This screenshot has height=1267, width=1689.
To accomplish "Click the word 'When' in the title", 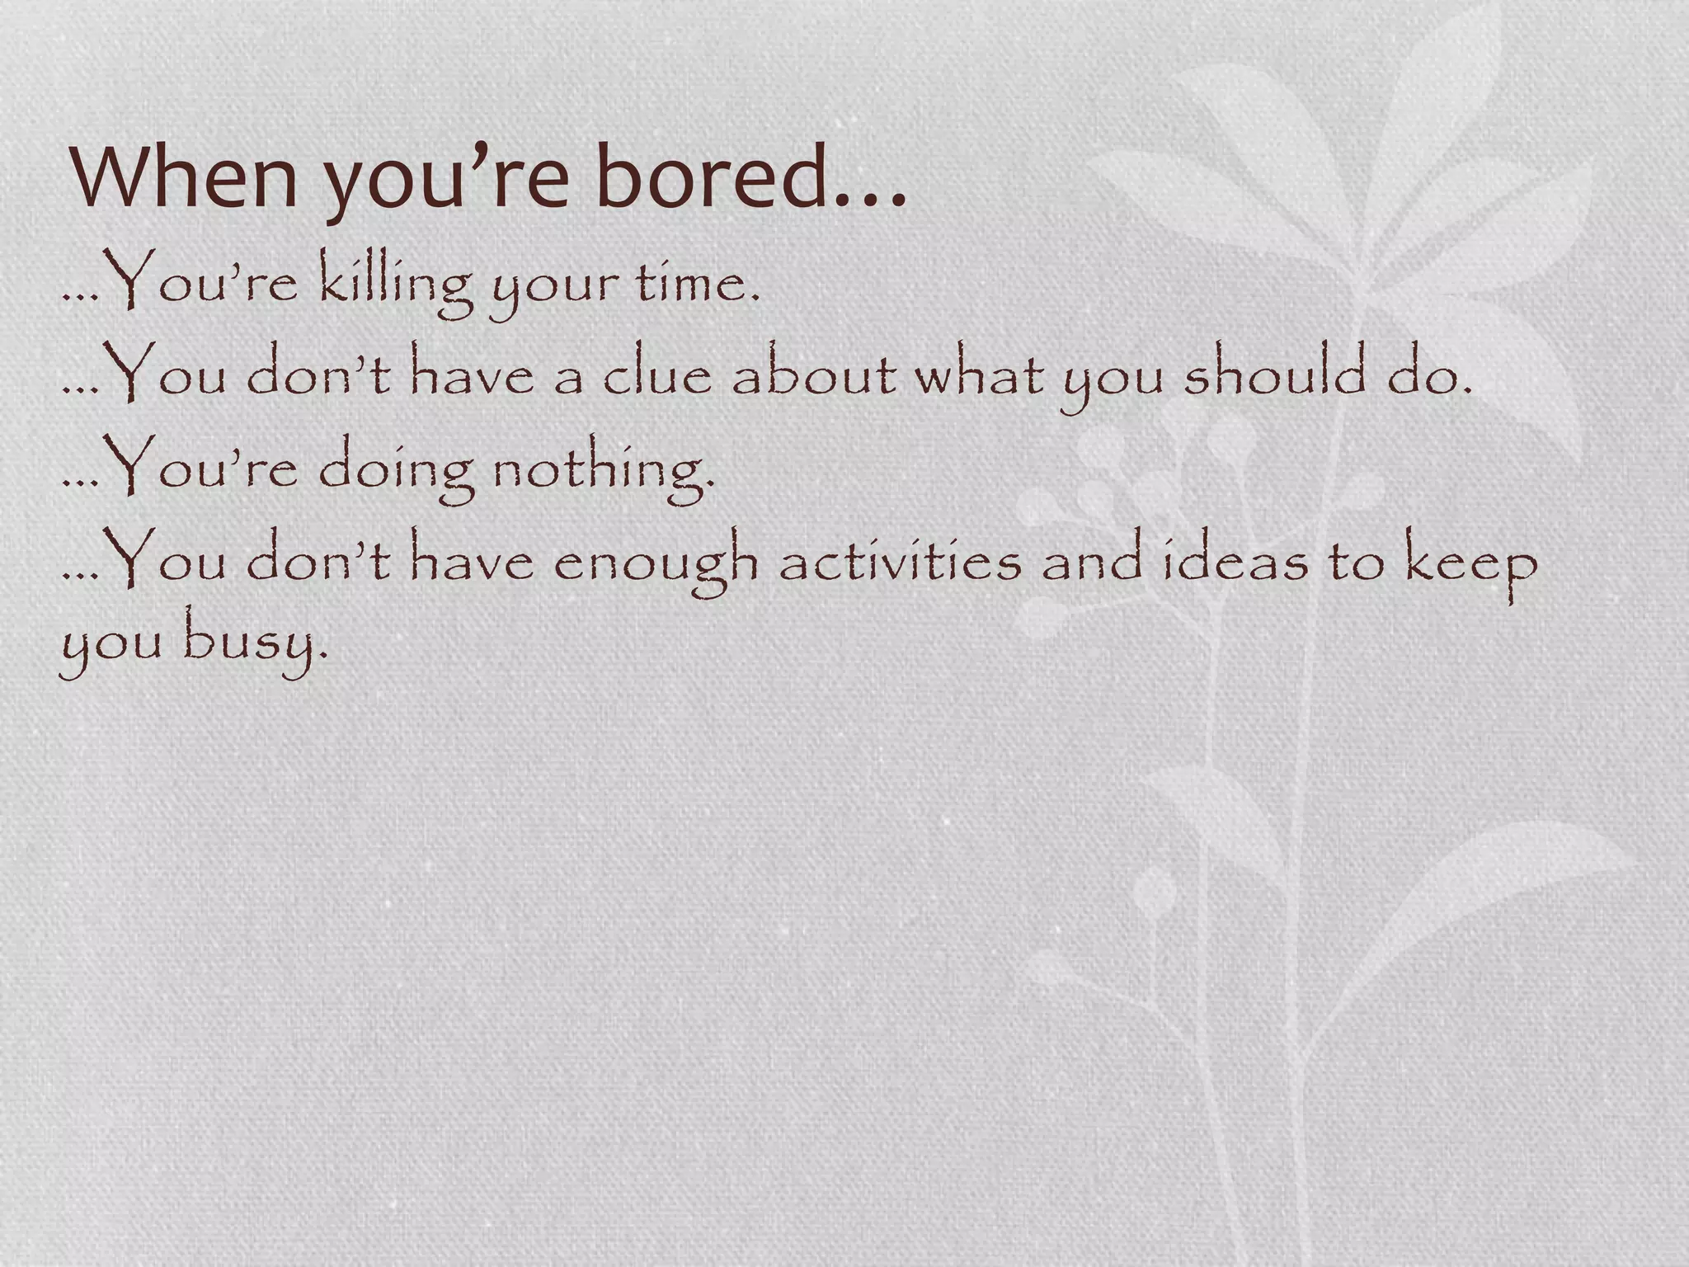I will click(184, 177).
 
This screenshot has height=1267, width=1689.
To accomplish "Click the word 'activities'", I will click(900, 562).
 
